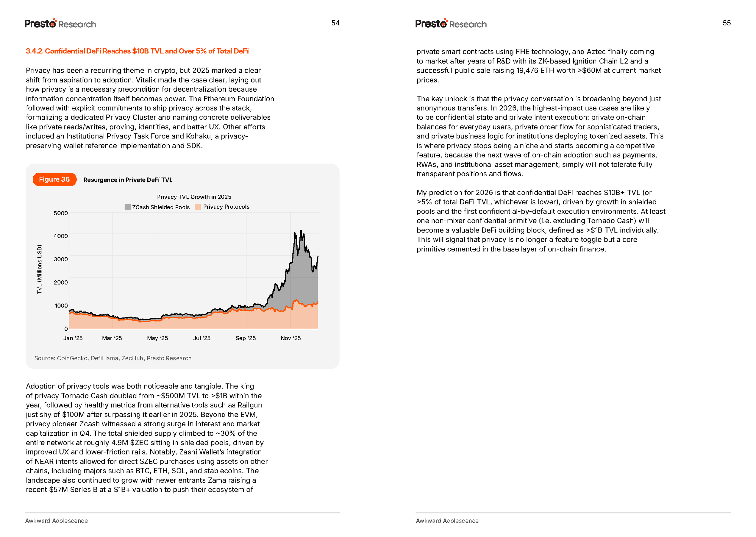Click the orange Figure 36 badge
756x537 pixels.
[54, 180]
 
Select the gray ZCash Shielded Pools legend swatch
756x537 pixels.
[127, 207]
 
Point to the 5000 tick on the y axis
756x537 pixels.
[60, 213]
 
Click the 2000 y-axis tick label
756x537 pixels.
[60, 282]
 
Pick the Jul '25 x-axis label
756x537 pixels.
[202, 338]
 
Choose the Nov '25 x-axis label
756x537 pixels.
[290, 338]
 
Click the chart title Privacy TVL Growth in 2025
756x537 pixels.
[194, 197]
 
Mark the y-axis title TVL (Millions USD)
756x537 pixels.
[40, 269]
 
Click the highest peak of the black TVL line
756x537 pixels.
[301, 230]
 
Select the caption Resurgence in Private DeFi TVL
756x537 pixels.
[128, 180]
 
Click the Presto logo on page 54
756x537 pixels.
[40, 24]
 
